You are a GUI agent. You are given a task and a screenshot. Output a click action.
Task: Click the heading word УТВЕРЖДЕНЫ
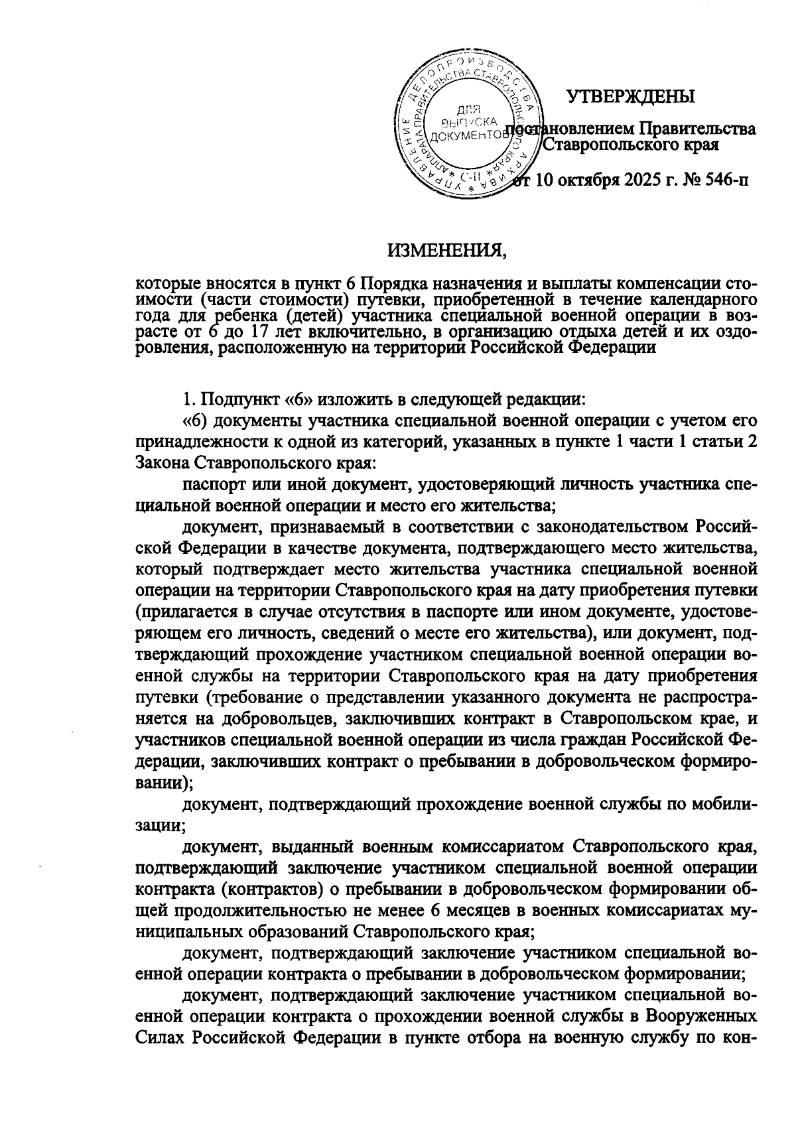click(x=630, y=97)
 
